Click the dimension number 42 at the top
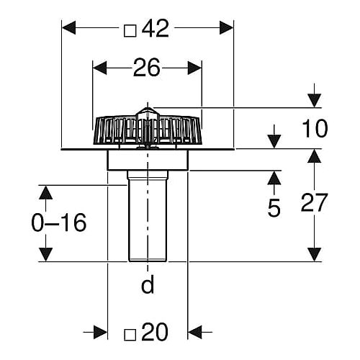tap(156, 29)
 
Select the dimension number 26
tap(146, 68)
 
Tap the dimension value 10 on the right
tap(315, 129)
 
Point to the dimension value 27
tap(314, 203)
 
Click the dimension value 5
tap(274, 208)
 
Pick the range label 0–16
tap(59, 222)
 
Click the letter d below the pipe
tap(148, 284)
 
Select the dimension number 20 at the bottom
tap(155, 332)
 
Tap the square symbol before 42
tap(130, 31)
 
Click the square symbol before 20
tap(130, 335)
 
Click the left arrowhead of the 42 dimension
tap(69, 27)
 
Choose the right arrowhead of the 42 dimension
tap(226, 27)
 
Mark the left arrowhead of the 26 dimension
tap(100, 68)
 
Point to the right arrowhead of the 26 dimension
tap(194, 68)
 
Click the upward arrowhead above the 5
tap(274, 178)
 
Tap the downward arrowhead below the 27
tap(315, 254)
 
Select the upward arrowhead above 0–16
tap(45, 192)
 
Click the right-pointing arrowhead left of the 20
tap(100, 332)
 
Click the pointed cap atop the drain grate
tap(147, 113)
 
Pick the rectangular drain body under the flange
tap(148, 160)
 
